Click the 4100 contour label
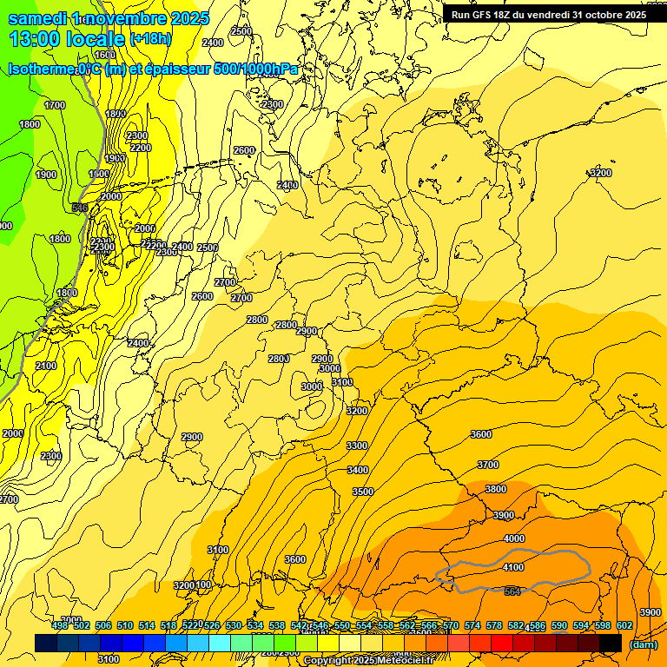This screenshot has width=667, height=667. [x=513, y=567]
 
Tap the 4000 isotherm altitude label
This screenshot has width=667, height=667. [x=514, y=538]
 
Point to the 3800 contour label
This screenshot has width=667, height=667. [x=495, y=489]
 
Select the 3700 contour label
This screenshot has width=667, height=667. [x=488, y=465]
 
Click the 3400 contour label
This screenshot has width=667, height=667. [x=357, y=470]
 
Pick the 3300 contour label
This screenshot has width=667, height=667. [x=356, y=446]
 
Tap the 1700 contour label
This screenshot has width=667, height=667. [x=55, y=105]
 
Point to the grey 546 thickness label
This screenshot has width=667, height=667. [x=80, y=208]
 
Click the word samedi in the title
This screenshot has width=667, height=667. [x=38, y=18]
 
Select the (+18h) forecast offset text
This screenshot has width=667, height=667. [x=150, y=39]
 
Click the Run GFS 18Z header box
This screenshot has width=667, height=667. [x=548, y=15]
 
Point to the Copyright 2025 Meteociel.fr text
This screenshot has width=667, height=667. [x=369, y=661]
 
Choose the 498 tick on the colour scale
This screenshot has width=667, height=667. [x=60, y=625]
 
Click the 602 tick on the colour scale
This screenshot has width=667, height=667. [x=624, y=625]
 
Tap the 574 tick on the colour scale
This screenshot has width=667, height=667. [x=472, y=625]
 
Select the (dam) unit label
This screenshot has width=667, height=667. [x=644, y=644]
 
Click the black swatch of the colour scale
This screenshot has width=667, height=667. [x=611, y=643]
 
